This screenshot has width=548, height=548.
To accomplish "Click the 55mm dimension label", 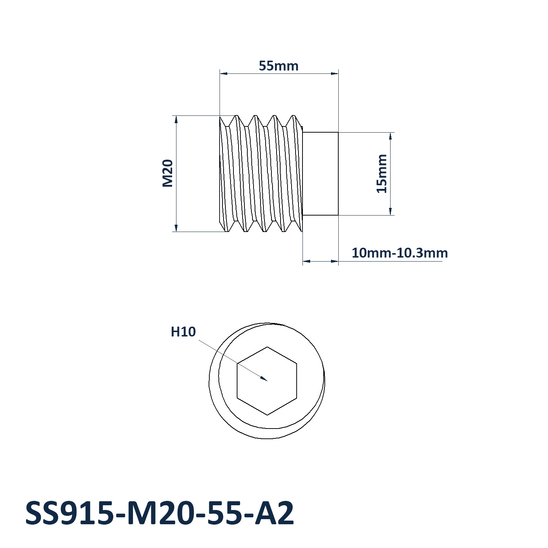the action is [278, 66].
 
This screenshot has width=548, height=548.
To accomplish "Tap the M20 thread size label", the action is [167, 174].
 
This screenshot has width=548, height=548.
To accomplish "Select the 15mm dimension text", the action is [381, 174].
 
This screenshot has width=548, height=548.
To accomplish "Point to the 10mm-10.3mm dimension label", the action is [400, 253].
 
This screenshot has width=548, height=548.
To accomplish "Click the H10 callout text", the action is [183, 332].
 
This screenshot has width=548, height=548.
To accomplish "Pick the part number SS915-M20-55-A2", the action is [160, 513].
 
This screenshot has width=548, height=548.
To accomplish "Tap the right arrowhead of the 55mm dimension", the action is [334, 73].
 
